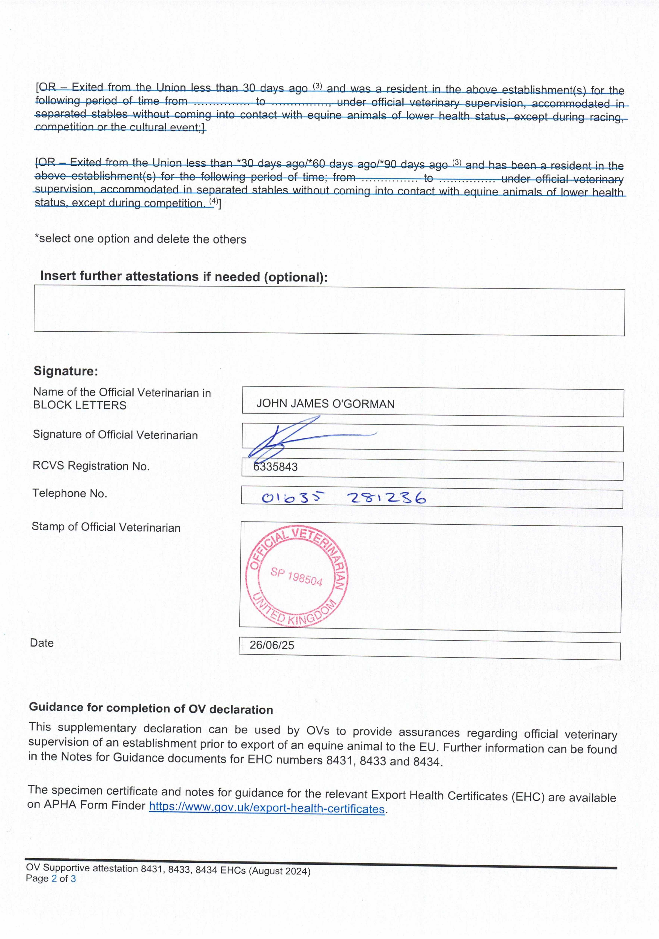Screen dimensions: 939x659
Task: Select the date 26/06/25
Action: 272,645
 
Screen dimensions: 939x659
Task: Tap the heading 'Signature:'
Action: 65,371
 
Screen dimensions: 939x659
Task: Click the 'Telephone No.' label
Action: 70,494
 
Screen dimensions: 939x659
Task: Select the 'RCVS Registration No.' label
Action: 91,466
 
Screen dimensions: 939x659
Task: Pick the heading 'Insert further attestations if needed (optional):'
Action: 184,277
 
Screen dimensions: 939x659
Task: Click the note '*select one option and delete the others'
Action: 140,239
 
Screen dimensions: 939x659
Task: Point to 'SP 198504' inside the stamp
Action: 296,577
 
